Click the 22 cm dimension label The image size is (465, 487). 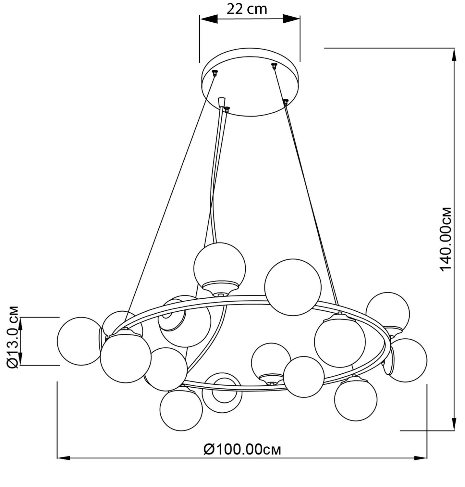point(247,9)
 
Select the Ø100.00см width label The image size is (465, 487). point(242,449)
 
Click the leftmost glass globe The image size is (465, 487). point(80,340)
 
